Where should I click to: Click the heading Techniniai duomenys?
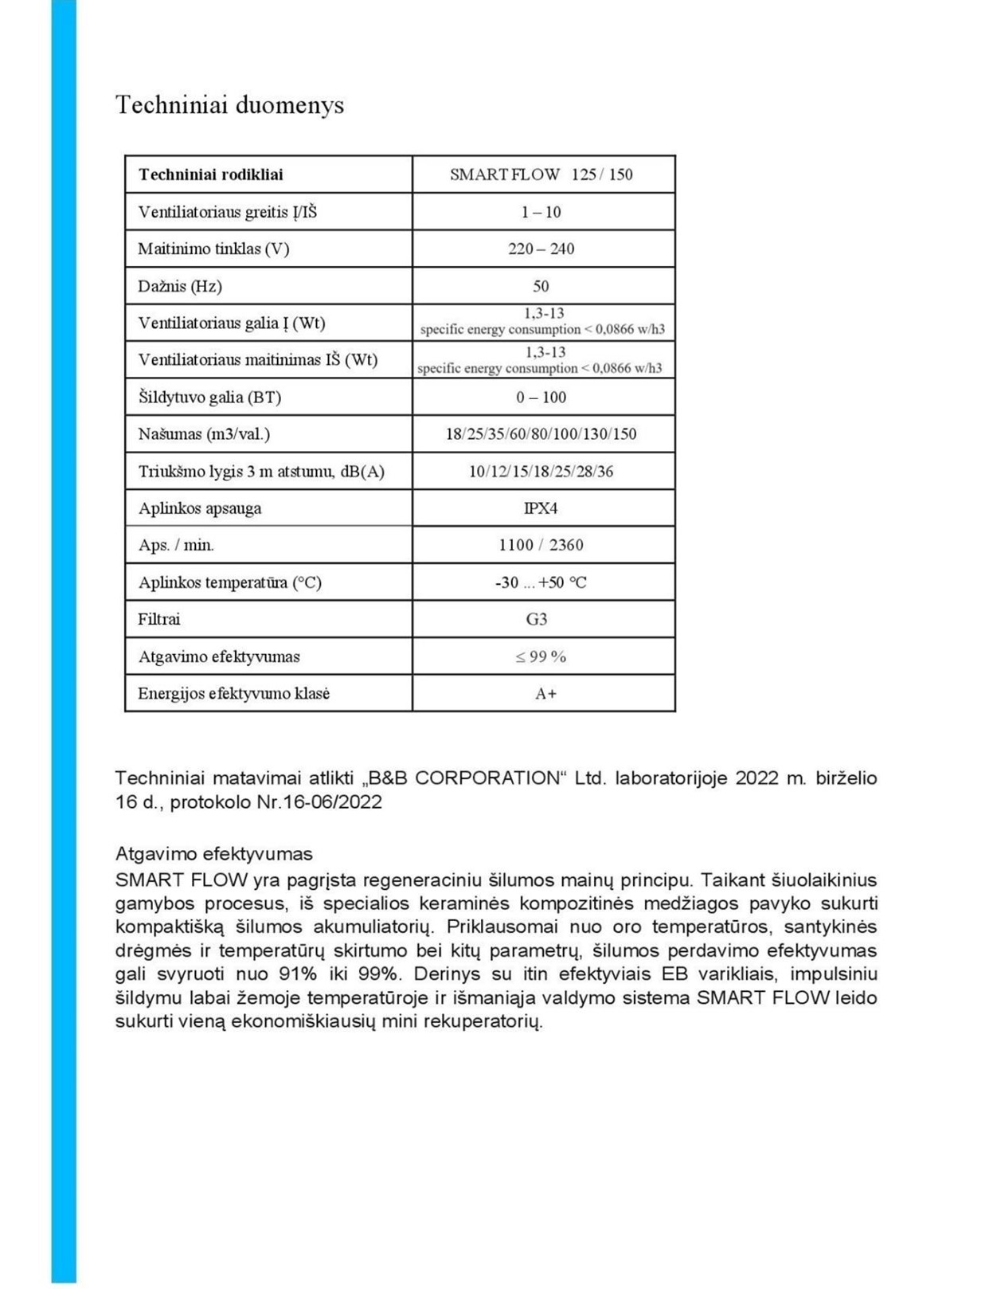coord(229,105)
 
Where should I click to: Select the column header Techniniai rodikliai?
coord(210,174)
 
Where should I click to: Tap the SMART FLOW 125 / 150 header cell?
coord(541,174)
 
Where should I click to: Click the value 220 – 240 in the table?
coord(541,249)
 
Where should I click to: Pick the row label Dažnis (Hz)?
coord(180,286)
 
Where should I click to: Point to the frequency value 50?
coord(541,286)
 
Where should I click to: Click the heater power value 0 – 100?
coord(541,397)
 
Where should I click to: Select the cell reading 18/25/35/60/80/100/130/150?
coord(541,434)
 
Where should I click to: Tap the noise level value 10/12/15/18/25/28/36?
coord(541,471)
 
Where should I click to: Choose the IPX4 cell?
coord(541,508)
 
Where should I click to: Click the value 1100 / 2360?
coord(541,545)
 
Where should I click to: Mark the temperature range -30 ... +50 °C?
coord(541,582)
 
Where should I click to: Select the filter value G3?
coord(537,619)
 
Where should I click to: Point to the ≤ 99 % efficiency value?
coord(541,656)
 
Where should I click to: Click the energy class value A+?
coord(546,693)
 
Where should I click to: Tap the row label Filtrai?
coord(159,619)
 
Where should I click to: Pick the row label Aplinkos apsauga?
coord(200,508)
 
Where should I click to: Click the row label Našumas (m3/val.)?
coord(204,434)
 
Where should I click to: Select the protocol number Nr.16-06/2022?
coord(319,801)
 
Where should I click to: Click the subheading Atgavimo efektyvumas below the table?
coord(214,854)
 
